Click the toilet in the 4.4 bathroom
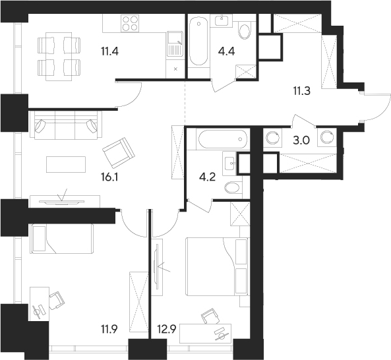(244, 32)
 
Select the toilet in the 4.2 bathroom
(232, 187)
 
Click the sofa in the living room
(65, 125)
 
